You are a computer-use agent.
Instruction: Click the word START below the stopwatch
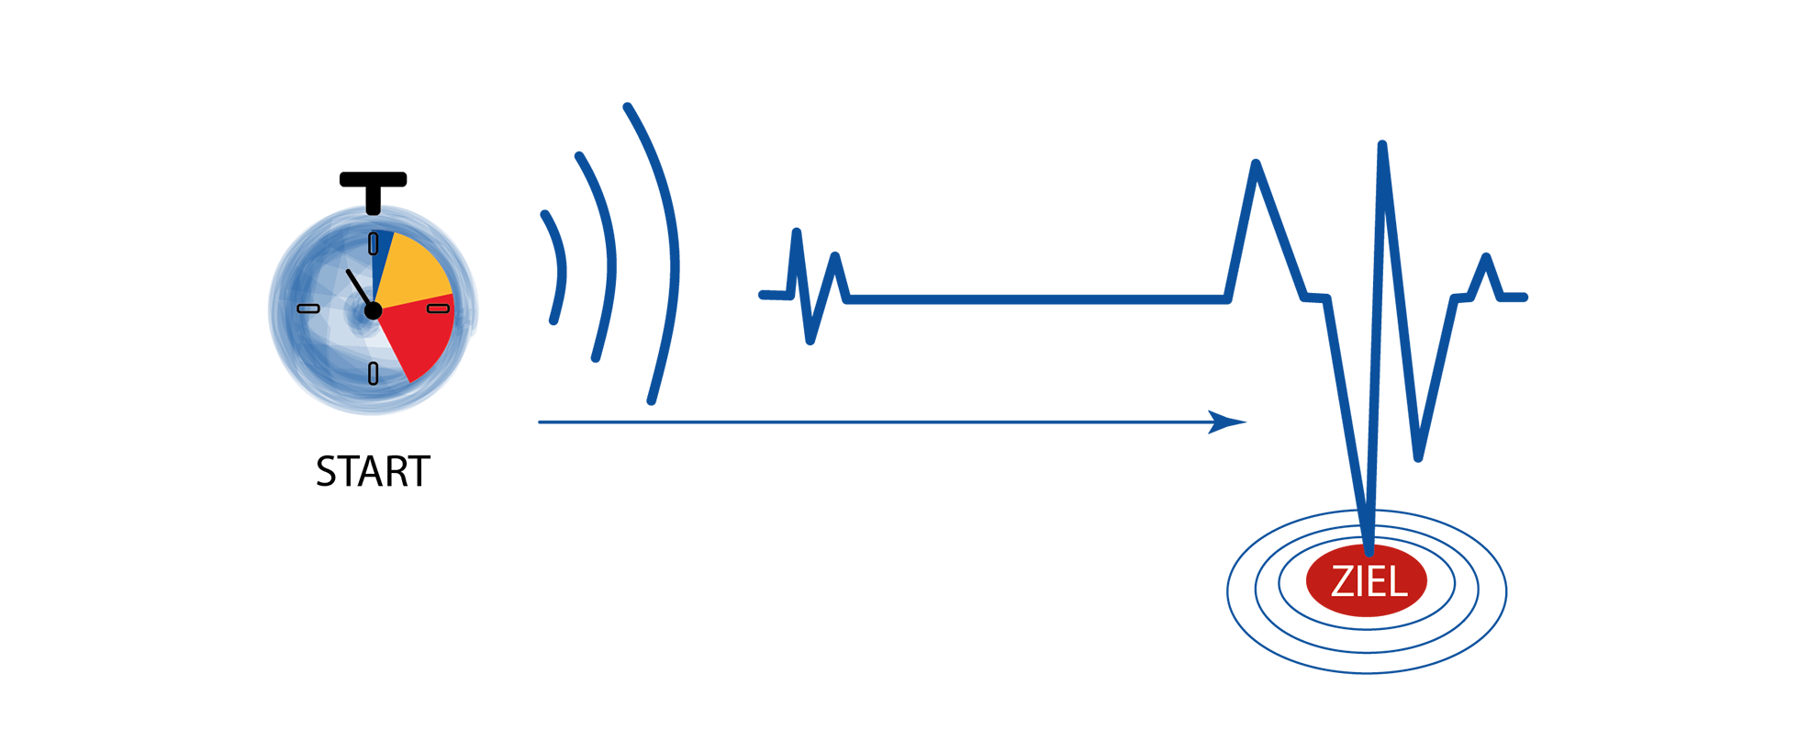tap(373, 472)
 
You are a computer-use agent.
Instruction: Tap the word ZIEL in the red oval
tap(1368, 582)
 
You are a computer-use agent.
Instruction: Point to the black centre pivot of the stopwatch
tap(373, 311)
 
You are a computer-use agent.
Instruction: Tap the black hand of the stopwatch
tap(358, 288)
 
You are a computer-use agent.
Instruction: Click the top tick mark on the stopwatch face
tap(373, 243)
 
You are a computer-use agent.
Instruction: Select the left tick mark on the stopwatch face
tap(308, 309)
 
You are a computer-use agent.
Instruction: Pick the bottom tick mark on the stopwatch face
tap(373, 373)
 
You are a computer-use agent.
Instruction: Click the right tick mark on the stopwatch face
tap(439, 309)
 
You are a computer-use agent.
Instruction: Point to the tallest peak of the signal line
tap(1382, 147)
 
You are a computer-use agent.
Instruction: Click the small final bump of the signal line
tap(1486, 259)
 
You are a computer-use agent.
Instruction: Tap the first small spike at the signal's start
tap(797, 234)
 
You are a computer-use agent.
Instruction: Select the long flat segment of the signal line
tap(1037, 298)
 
